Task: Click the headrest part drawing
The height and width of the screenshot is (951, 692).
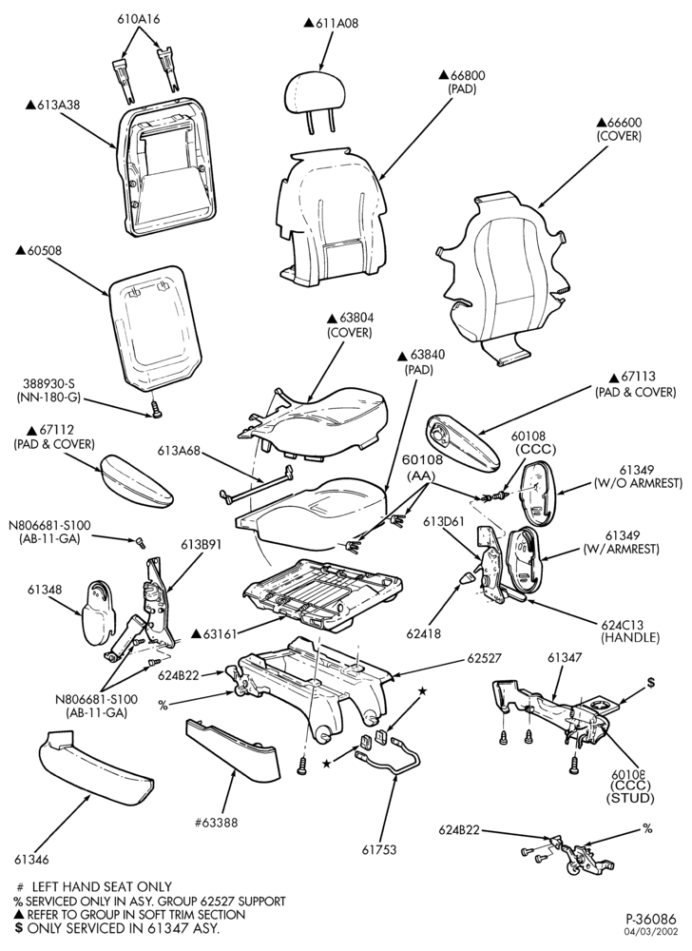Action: click(315, 98)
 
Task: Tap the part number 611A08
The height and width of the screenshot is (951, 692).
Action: click(336, 24)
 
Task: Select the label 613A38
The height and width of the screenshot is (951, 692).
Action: click(58, 105)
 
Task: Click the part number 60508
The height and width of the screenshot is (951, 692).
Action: click(45, 250)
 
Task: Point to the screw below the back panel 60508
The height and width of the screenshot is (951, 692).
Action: click(155, 410)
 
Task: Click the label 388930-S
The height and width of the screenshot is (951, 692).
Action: click(49, 384)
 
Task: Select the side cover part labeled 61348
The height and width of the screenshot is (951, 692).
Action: click(97, 612)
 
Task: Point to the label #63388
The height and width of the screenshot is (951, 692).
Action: click(216, 823)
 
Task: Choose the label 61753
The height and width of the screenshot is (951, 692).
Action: click(379, 849)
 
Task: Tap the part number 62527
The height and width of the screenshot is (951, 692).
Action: click(484, 658)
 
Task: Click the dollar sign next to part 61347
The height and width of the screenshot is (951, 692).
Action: click(651, 682)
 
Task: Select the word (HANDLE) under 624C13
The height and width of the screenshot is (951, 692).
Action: click(629, 637)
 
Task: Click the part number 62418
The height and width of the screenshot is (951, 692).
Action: click(424, 633)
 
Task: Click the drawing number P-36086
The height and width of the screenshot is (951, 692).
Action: click(651, 919)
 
